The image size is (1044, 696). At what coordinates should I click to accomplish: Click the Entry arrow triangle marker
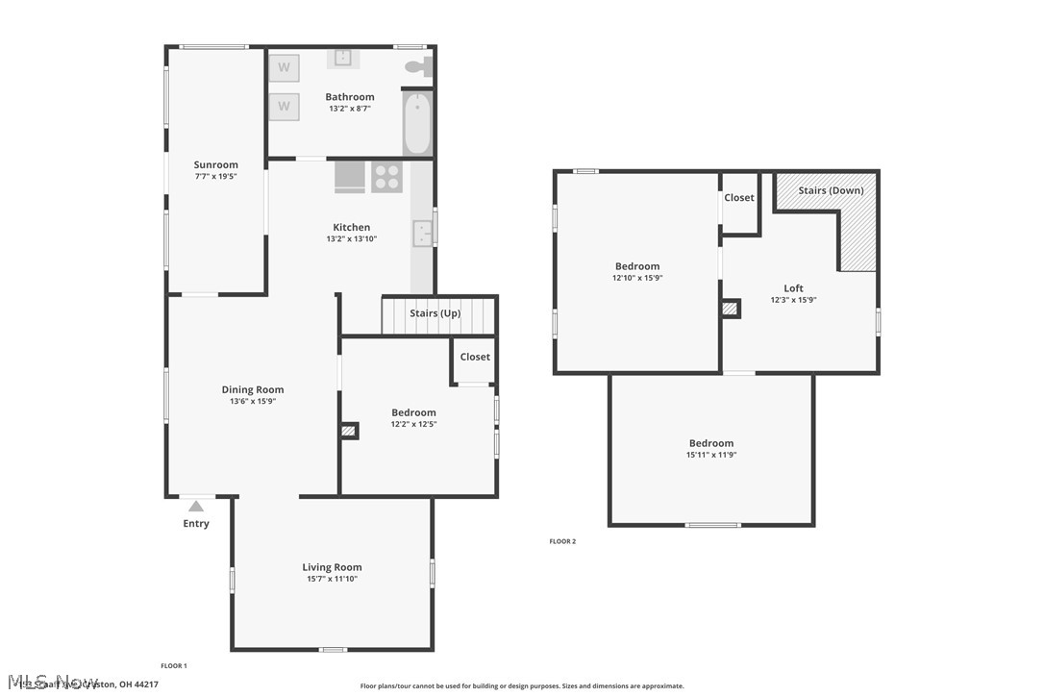click(196, 506)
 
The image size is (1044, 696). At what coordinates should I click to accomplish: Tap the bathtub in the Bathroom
click(417, 123)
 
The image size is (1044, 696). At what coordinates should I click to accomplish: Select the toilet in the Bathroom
click(418, 67)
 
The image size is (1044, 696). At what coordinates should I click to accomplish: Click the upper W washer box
click(284, 67)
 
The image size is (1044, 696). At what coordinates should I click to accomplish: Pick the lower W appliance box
click(284, 106)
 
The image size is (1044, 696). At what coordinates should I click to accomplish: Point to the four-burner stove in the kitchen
click(386, 178)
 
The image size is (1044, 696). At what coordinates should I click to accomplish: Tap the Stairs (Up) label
click(435, 313)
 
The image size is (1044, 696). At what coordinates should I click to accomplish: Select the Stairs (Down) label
click(831, 190)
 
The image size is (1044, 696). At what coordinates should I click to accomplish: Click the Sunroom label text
click(215, 164)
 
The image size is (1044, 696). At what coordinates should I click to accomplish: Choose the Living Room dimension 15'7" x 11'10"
click(332, 579)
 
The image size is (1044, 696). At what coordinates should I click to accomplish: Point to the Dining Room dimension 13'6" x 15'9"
click(253, 401)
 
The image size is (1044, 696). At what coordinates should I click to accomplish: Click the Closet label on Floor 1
click(475, 357)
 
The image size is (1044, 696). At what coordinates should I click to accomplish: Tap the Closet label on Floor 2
click(739, 198)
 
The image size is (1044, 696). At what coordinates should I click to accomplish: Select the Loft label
click(793, 288)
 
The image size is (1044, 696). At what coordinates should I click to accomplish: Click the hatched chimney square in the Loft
click(732, 309)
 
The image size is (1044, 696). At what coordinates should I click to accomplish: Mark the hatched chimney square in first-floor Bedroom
click(349, 432)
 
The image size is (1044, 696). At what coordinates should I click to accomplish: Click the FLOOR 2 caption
click(562, 541)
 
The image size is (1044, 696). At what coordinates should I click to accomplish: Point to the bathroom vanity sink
click(343, 59)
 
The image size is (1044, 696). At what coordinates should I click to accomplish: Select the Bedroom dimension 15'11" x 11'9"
click(710, 455)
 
